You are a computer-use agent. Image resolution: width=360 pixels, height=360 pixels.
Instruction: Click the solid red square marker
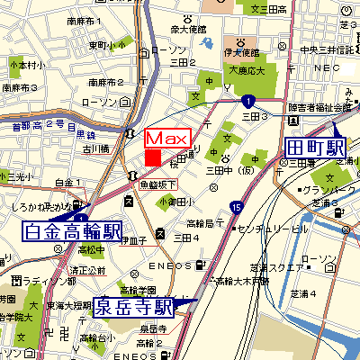153,157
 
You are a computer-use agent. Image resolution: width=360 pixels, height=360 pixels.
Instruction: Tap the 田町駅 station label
315,148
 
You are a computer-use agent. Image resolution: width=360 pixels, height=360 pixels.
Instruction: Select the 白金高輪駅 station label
73,232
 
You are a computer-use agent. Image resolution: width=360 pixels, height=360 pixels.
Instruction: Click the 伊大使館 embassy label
242,52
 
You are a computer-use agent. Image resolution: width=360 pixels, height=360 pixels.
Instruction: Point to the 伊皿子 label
131,240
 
